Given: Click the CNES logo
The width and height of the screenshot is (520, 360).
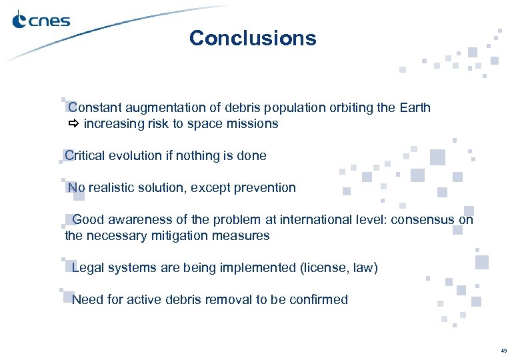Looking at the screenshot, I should pos(41,21).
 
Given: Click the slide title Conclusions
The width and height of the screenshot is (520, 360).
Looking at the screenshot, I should pos(253,38).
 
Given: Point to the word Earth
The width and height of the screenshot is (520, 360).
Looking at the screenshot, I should pos(415,107).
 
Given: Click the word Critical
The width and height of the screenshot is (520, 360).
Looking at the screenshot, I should pos(87,156).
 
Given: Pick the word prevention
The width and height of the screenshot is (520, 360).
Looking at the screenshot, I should pos(263,188).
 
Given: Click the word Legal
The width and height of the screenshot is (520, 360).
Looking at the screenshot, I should pos(87,268).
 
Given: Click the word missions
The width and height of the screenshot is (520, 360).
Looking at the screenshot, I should pos(253,124).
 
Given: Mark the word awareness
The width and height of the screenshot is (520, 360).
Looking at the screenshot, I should pos(138,219).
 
